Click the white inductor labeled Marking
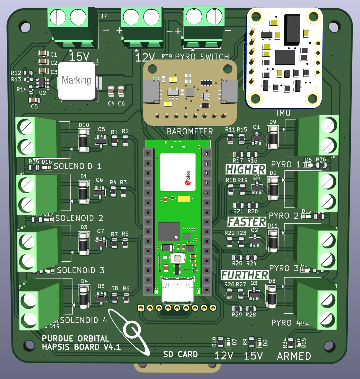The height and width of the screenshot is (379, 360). pos(77,81)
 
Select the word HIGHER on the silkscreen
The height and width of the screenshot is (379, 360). pos(245,169)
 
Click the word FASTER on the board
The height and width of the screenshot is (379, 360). pos(247,222)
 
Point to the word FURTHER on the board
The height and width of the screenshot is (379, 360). pos(245,275)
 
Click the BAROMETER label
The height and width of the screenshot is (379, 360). pos(190,132)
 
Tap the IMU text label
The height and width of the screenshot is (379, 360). pos(283,113)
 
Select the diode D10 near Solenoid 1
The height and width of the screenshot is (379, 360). pos(84,141)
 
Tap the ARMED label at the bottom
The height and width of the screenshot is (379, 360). pos(294,356)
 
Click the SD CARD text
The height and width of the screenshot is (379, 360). pos(181,354)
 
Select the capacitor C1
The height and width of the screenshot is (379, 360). pos(43,54)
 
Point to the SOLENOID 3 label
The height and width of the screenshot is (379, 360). pos(80,270)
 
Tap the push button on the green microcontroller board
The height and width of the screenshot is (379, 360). pos(177,258)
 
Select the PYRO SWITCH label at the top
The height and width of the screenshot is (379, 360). pos(202,57)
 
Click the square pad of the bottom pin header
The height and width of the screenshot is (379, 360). pos(141,308)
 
